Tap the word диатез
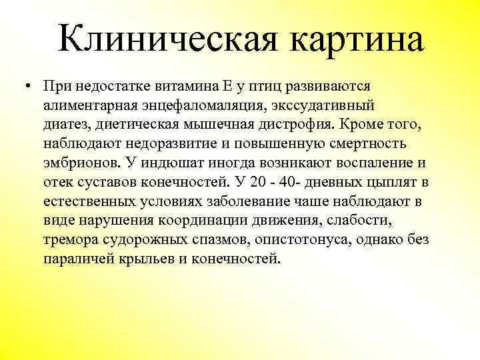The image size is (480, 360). [69, 125]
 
